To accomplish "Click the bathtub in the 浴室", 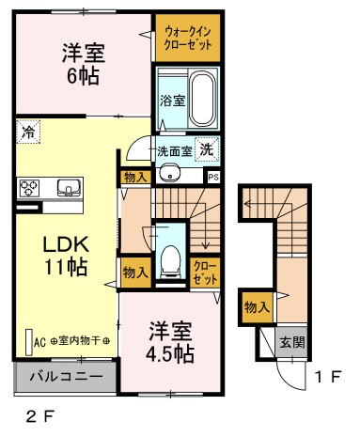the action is (203, 98).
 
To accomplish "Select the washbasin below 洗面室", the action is (169, 173).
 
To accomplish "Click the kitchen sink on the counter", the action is (70, 188).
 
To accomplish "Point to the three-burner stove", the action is (29, 188).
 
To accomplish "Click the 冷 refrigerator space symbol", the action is (28, 132).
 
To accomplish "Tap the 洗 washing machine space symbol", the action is (207, 149).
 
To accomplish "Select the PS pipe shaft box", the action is (213, 178).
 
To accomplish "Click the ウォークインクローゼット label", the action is (188, 39).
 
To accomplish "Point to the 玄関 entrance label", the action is (292, 342).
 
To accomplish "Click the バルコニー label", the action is (66, 376).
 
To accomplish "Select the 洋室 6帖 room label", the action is (83, 64).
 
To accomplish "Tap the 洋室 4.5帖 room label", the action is (170, 342).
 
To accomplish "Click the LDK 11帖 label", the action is (66, 256).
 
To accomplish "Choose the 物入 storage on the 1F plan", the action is (257, 307).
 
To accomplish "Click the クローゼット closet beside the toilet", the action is (205, 273).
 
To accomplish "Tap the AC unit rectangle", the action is (29, 342).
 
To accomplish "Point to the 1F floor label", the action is (328, 377).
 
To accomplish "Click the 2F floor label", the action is (40, 416).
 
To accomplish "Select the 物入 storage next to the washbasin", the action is (135, 178).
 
